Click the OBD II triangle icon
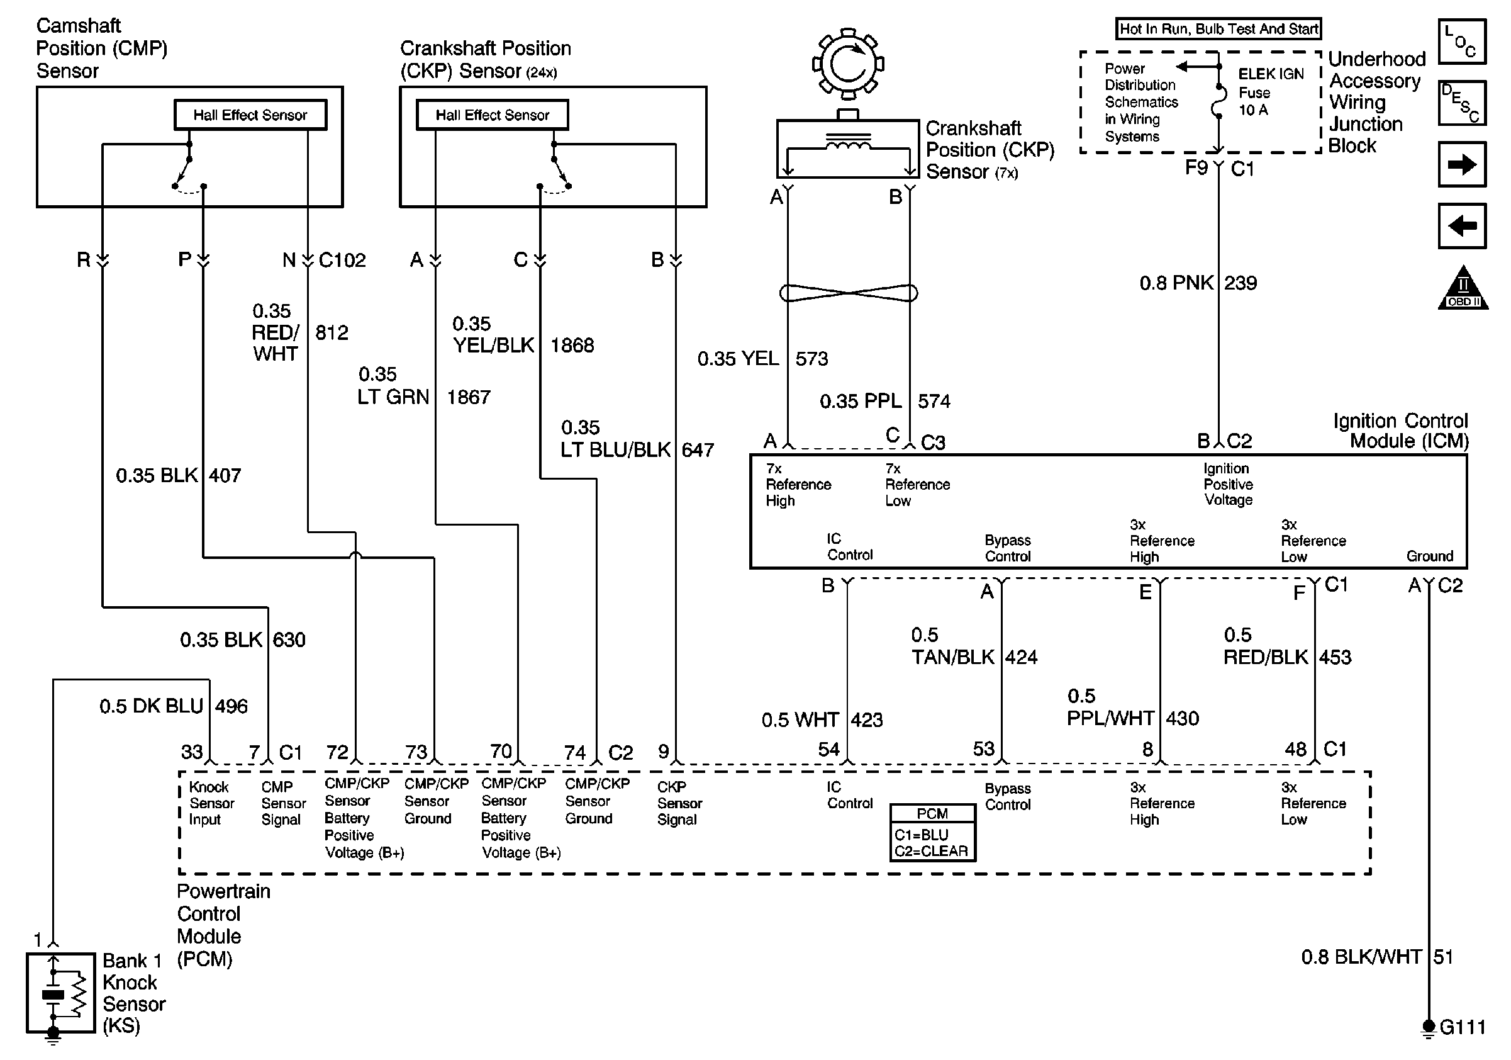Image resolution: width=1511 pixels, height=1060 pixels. pyautogui.click(x=1463, y=288)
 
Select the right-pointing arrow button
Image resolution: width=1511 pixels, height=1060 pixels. pyautogui.click(x=1462, y=164)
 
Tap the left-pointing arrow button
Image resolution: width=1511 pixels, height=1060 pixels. pyautogui.click(x=1462, y=226)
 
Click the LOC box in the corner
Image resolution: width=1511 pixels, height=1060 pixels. pyautogui.click(x=1462, y=42)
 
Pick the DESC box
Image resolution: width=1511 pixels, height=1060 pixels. pyautogui.click(x=1462, y=103)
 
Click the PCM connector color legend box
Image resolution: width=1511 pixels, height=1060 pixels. pyautogui.click(x=932, y=832)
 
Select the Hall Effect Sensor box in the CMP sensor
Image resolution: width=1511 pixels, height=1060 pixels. pyautogui.click(x=250, y=115)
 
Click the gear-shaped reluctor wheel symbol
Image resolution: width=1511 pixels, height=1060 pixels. pyautogui.click(x=847, y=64)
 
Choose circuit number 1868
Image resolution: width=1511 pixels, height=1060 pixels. pyautogui.click(x=572, y=345)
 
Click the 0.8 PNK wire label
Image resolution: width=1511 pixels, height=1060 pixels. pyautogui.click(x=1176, y=283)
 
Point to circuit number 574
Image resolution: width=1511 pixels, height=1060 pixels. pyautogui.click(x=934, y=401)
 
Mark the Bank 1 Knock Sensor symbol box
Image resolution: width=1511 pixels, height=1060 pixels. pyautogui.click(x=60, y=993)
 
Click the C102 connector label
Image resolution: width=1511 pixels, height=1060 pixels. pyautogui.click(x=342, y=260)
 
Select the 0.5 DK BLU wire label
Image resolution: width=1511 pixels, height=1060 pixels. pyautogui.click(x=152, y=706)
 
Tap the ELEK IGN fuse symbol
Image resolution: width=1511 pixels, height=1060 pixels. pyautogui.click(x=1219, y=102)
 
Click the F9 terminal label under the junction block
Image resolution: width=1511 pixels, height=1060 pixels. pyautogui.click(x=1196, y=168)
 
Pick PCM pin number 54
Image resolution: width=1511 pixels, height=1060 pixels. pyautogui.click(x=828, y=748)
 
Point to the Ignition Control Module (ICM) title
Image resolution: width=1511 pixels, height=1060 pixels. pyautogui.click(x=1400, y=431)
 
